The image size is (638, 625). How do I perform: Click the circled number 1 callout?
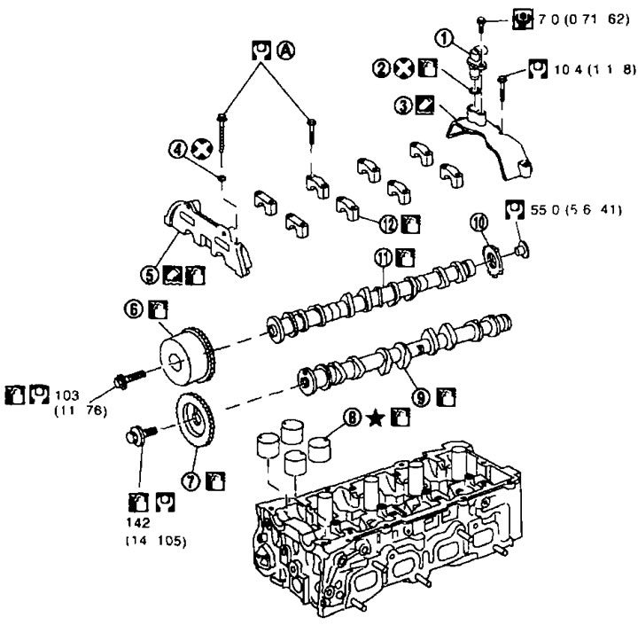pos(443,39)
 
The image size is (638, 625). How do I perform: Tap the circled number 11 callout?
pos(382,257)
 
